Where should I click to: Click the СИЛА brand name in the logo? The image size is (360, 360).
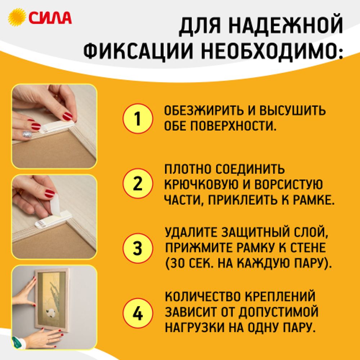coord(50,17)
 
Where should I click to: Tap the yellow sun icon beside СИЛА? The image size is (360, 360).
coord(17,17)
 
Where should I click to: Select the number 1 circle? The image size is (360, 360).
coord(138,119)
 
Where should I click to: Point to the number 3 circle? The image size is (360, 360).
coord(138,248)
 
